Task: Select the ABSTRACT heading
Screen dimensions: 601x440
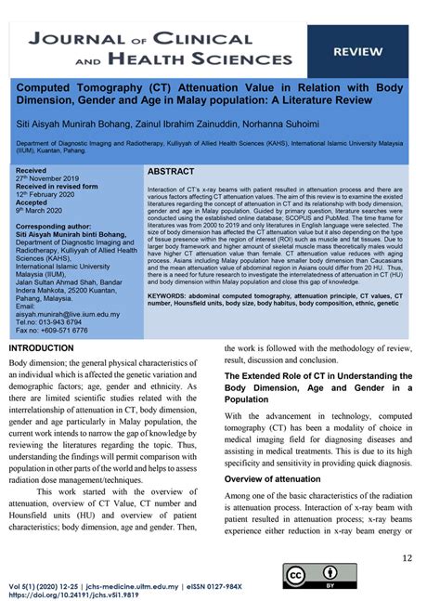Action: point(171,174)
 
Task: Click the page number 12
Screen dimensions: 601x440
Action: point(407,556)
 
